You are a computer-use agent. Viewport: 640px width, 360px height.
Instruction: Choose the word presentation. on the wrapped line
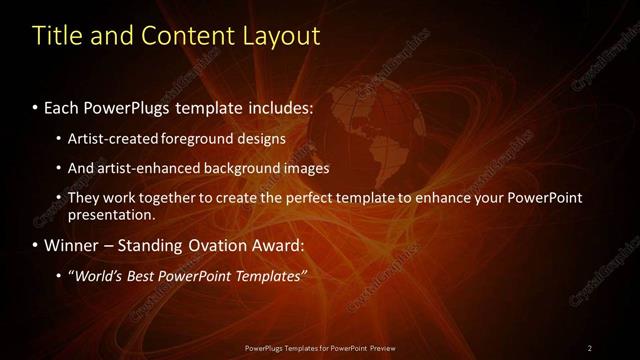point(112,214)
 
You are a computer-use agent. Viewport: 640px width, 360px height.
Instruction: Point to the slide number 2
point(589,348)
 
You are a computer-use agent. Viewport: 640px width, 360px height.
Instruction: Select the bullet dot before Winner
point(36,245)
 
